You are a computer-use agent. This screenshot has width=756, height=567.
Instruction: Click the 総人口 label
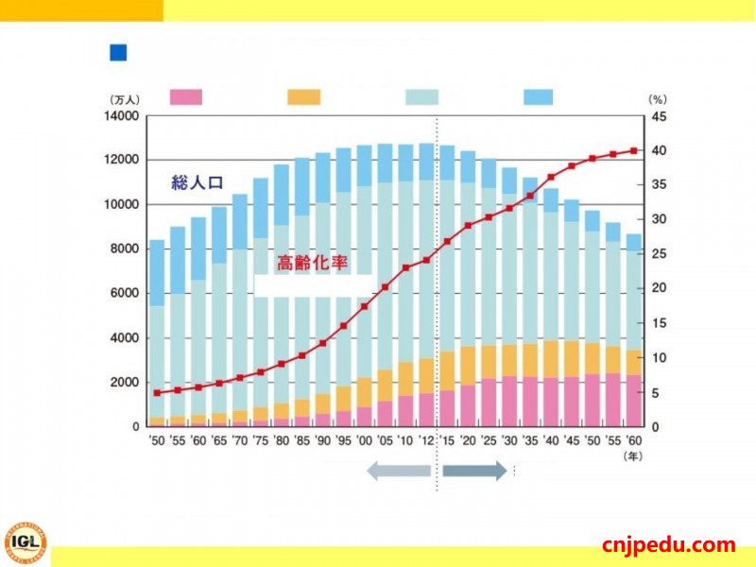click(x=197, y=183)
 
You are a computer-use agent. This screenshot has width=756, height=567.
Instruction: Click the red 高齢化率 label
click(x=308, y=264)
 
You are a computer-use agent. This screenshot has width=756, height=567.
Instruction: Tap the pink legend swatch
click(x=186, y=96)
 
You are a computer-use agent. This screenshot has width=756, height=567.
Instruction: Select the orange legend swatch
click(x=303, y=96)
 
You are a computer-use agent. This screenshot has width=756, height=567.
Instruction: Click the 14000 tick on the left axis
click(x=122, y=116)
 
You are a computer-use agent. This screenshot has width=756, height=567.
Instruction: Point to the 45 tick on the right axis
click(x=658, y=116)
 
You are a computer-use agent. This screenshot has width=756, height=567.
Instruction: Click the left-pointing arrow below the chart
click(x=398, y=471)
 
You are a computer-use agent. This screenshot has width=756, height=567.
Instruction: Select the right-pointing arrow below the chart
click(x=475, y=471)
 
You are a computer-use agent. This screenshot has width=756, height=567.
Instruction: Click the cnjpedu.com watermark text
click(x=668, y=544)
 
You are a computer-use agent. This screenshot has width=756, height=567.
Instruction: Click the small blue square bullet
click(x=118, y=53)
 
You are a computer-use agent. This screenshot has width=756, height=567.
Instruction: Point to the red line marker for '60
click(x=633, y=150)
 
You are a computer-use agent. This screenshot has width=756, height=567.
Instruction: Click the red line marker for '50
click(x=157, y=392)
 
